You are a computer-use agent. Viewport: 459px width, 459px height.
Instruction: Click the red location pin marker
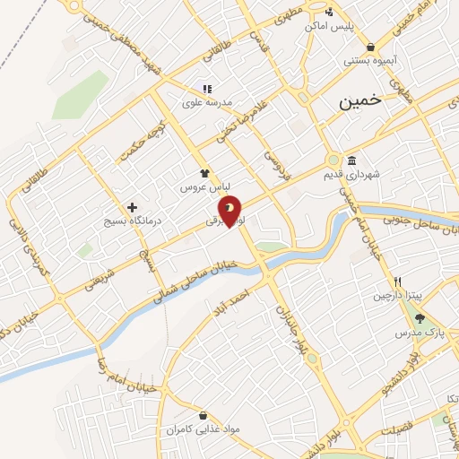(230, 211)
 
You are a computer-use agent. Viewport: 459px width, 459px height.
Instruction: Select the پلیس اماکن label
(330, 26)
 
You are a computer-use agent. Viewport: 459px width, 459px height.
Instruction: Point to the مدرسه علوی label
(207, 102)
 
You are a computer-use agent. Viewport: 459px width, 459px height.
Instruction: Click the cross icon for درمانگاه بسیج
(133, 207)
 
